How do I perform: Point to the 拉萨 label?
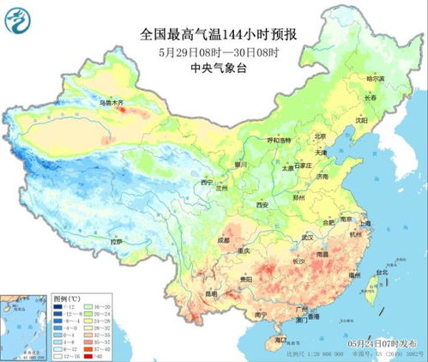pos(117,243)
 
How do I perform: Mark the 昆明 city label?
pos(211,293)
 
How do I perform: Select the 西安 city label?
pos(263,205)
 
